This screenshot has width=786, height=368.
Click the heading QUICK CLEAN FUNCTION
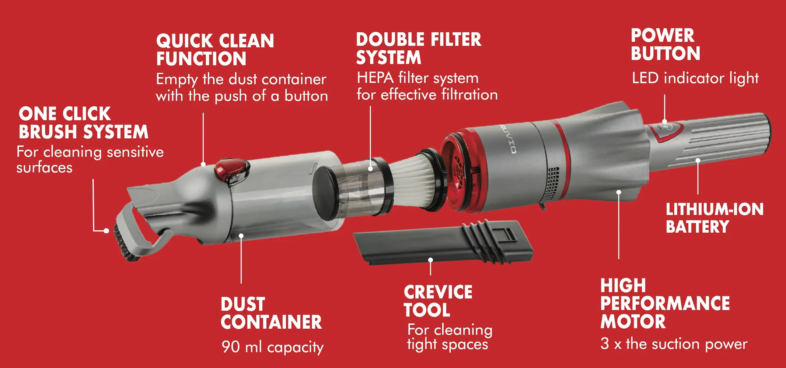tap(215, 50)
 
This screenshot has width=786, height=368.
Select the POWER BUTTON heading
tap(665, 45)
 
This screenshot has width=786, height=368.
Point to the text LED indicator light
tap(695, 78)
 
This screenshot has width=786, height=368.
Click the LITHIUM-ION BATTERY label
tap(714, 218)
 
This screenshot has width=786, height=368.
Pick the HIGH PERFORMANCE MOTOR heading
tap(665, 304)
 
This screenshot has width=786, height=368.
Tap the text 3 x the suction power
tap(674, 344)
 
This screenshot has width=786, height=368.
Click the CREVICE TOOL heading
tap(438, 301)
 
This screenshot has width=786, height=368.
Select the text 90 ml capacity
tap(272, 347)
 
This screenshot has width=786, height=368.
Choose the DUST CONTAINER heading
tap(271, 313)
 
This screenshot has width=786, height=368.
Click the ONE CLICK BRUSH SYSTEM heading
tap(83, 123)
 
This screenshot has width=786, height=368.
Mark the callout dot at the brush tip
tap(106, 231)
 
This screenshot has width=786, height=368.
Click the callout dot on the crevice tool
tap(430, 260)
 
